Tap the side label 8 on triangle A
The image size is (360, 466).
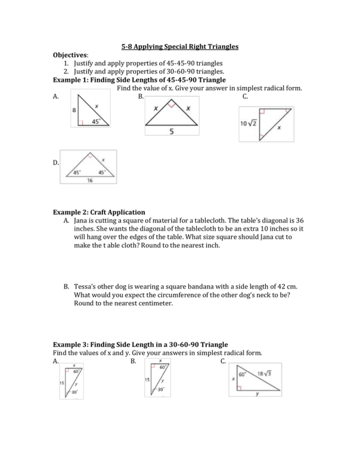(74, 110)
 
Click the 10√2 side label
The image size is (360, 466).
(248, 123)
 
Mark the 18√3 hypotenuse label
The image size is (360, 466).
(266, 374)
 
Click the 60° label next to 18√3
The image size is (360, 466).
(243, 374)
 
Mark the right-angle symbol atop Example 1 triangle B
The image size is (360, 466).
(171, 102)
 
